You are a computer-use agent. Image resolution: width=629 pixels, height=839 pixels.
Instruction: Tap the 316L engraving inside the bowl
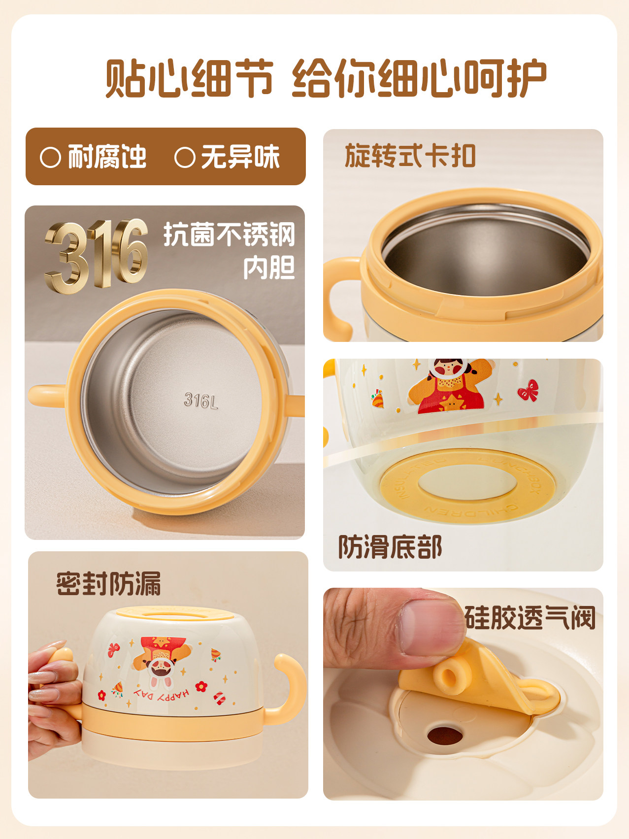(x=200, y=400)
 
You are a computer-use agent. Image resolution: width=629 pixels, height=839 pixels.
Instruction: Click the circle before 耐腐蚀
(x=50, y=158)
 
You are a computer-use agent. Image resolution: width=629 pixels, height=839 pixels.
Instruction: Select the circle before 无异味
(x=185, y=158)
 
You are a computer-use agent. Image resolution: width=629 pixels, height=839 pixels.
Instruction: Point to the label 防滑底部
(x=390, y=547)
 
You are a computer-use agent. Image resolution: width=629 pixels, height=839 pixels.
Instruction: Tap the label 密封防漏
(x=108, y=584)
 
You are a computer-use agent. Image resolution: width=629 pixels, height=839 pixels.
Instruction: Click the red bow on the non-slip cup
(x=528, y=390)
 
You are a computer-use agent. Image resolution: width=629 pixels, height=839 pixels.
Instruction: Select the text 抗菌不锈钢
(x=230, y=235)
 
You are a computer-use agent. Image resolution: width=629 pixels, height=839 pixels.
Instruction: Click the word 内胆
(x=269, y=268)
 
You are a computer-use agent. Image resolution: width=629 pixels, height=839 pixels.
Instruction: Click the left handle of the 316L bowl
(x=47, y=396)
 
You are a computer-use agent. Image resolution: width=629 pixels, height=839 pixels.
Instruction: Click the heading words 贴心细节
(x=189, y=79)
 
